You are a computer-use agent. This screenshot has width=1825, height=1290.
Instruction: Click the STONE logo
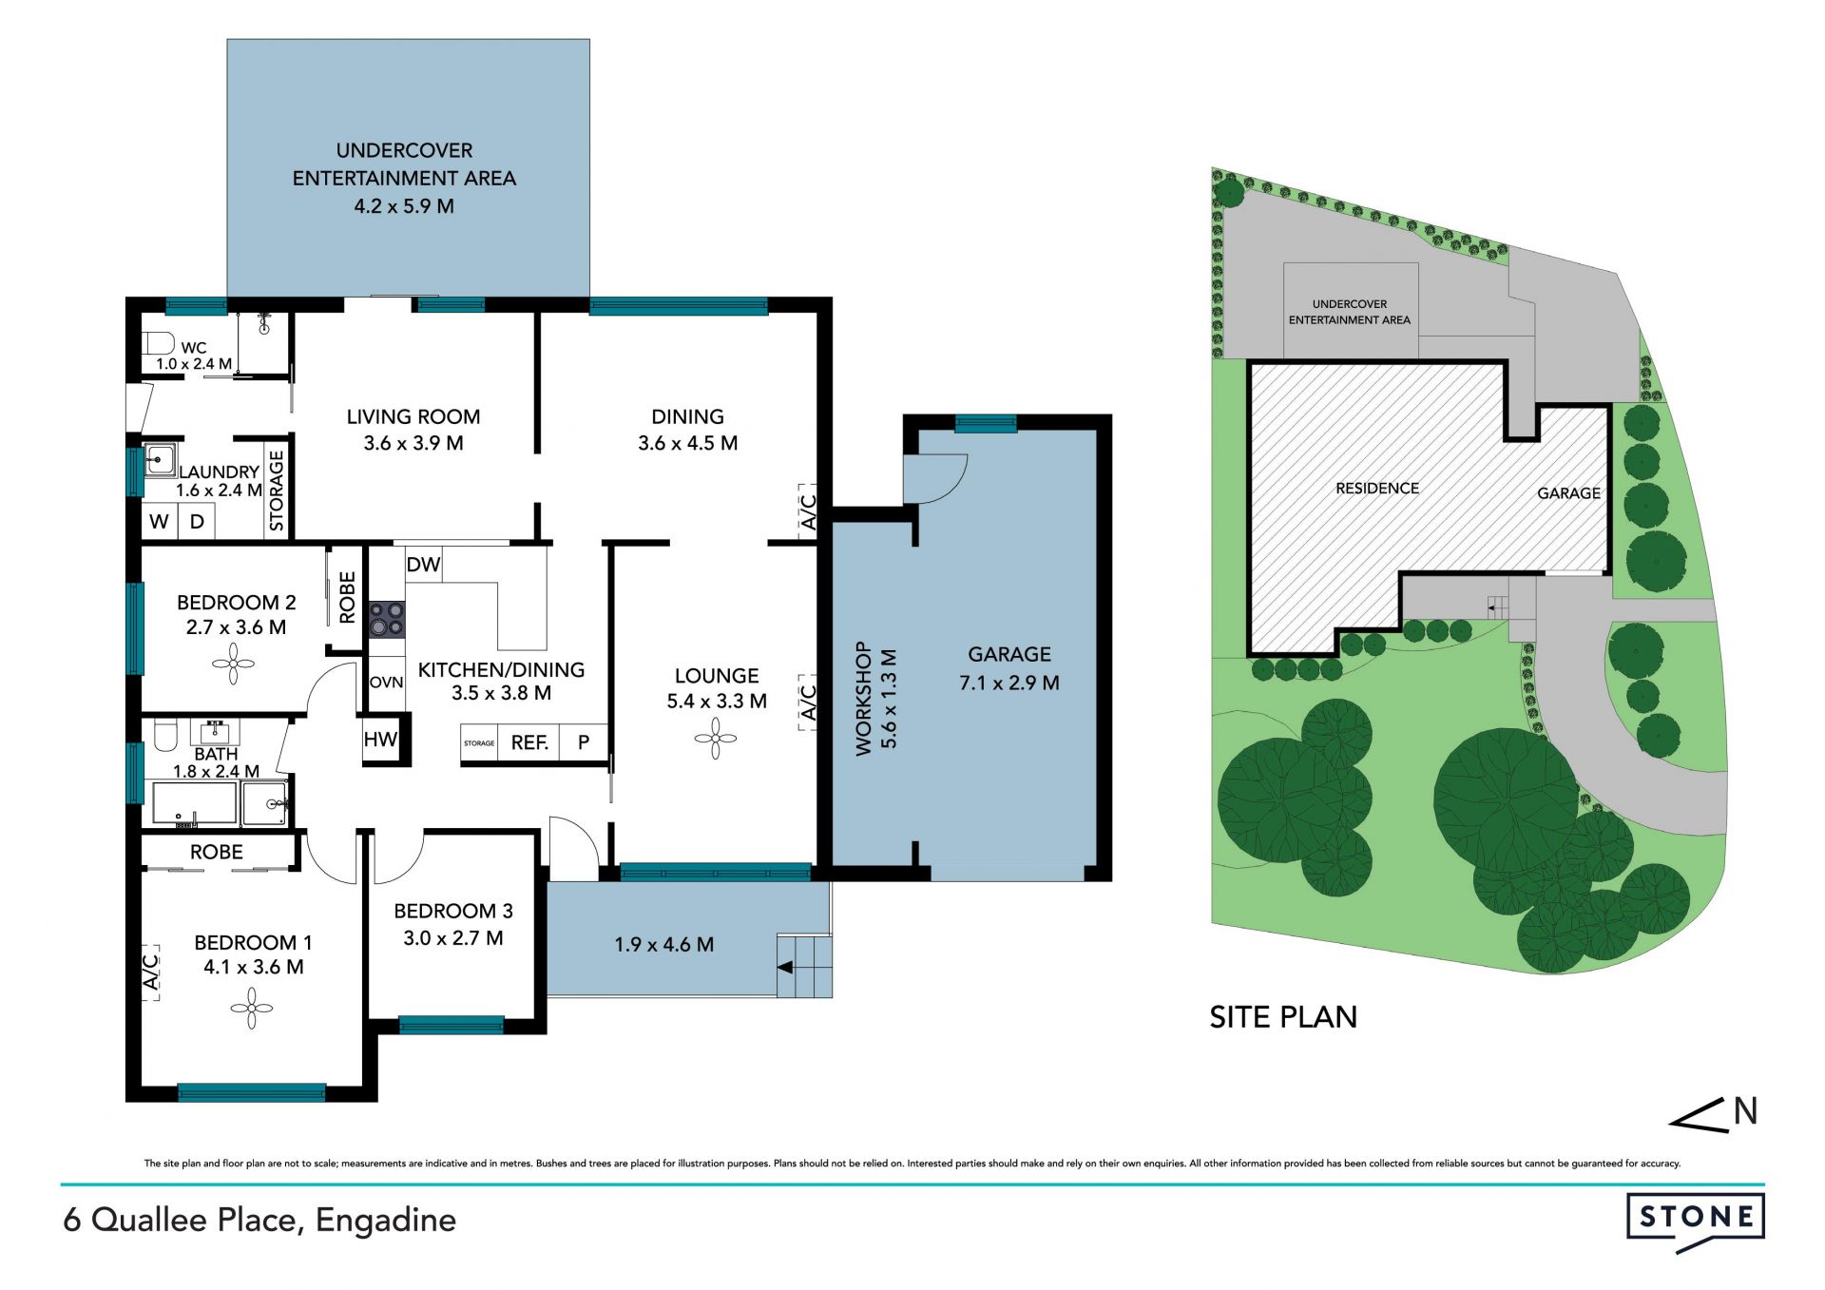pyautogui.click(x=1696, y=1219)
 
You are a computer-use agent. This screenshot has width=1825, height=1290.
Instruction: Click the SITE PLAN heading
pyautogui.click(x=1283, y=1017)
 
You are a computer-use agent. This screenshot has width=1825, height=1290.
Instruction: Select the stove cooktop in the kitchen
pyautogui.click(x=387, y=619)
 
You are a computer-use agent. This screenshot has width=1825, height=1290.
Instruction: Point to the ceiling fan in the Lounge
pyautogui.click(x=716, y=738)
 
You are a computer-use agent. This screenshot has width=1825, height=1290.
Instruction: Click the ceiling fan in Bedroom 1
pyautogui.click(x=251, y=1009)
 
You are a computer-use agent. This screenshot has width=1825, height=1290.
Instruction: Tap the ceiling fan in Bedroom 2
pyautogui.click(x=233, y=664)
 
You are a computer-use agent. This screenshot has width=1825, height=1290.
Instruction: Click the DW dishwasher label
pyautogui.click(x=423, y=565)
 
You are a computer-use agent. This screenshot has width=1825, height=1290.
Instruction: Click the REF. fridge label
pyautogui.click(x=529, y=742)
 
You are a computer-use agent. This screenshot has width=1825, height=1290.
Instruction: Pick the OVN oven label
pyautogui.click(x=386, y=683)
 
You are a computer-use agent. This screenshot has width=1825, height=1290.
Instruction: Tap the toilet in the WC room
pyautogui.click(x=158, y=342)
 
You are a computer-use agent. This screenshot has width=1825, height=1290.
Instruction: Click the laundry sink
pyautogui.click(x=160, y=461)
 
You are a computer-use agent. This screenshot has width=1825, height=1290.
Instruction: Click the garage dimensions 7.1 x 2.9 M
pyautogui.click(x=1009, y=683)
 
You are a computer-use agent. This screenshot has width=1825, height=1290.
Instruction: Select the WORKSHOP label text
pyautogui.click(x=863, y=698)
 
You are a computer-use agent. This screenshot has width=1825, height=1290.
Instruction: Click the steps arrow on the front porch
pyautogui.click(x=785, y=968)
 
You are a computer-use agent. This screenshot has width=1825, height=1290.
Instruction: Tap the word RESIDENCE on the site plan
pyautogui.click(x=1377, y=488)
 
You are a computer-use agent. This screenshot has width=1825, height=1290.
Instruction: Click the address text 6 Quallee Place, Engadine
pyautogui.click(x=259, y=1221)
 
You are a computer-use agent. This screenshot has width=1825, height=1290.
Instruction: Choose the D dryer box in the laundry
pyautogui.click(x=197, y=521)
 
